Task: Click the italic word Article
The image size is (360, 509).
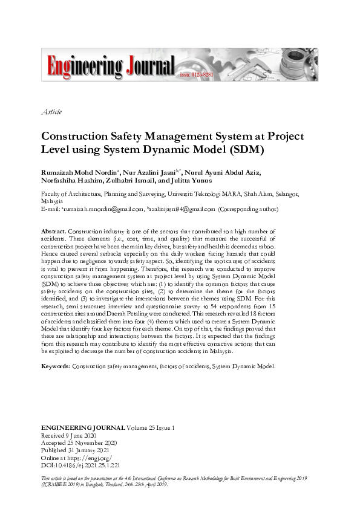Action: point(51,112)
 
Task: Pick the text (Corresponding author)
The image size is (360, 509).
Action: point(248,209)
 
